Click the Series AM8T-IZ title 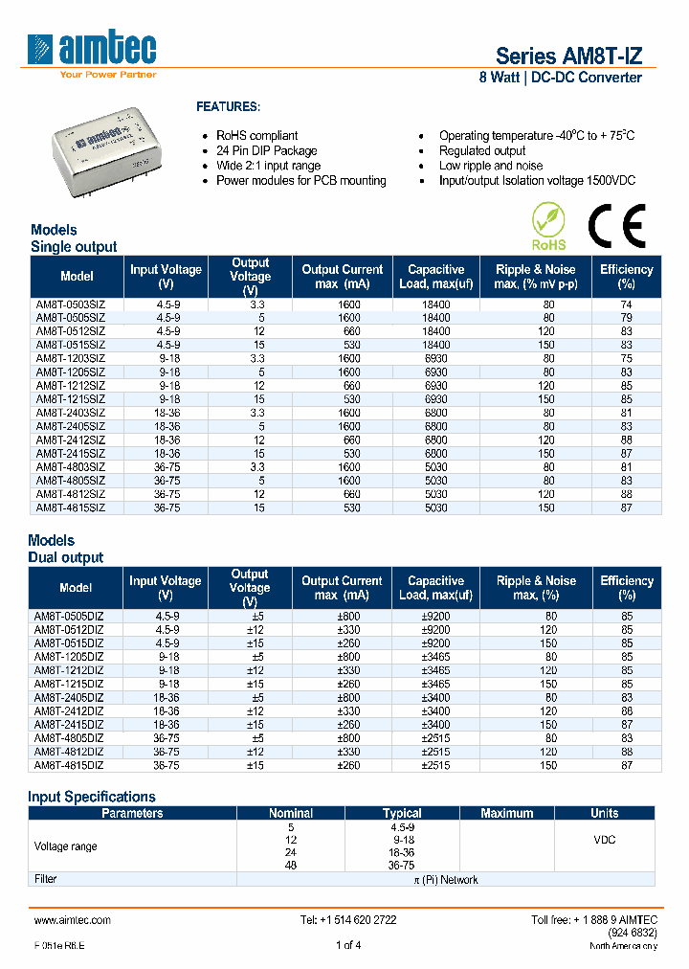coord(568,56)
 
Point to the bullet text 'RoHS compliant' coord(256,136)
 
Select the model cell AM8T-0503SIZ coord(71,304)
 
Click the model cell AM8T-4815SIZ coord(71,507)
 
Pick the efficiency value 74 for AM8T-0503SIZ coord(626,304)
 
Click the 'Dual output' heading coord(66,557)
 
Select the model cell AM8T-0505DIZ coord(70,617)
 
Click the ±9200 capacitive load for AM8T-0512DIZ coord(435,631)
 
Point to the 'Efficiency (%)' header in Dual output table coord(626,588)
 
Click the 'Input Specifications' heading coord(92,797)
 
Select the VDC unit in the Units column coord(604,840)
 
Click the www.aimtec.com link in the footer coord(73,920)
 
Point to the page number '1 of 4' coord(347,946)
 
